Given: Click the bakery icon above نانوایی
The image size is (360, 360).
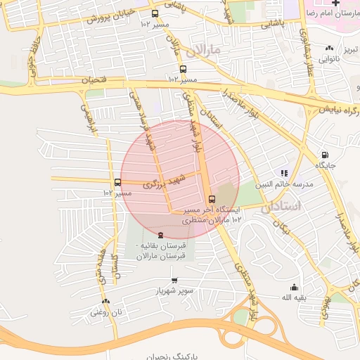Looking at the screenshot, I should (x=329, y=48).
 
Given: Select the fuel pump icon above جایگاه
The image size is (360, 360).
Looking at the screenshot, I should (x=324, y=155).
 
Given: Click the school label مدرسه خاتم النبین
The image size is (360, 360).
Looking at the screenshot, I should (x=283, y=184).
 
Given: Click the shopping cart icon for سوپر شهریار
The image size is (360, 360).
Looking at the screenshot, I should (x=174, y=280).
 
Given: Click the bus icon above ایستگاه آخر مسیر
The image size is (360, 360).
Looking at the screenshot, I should (x=212, y=198).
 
